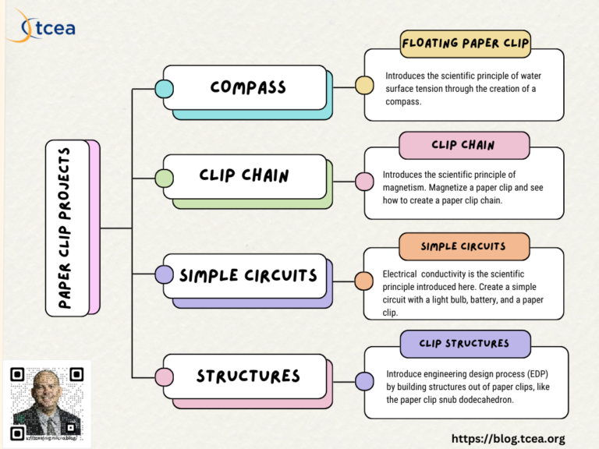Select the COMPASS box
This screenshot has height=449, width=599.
click(x=247, y=87)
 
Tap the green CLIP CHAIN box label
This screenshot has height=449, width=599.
click(x=243, y=175)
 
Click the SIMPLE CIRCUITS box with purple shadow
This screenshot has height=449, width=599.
click(x=247, y=275)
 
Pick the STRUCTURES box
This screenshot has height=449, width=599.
click(x=247, y=376)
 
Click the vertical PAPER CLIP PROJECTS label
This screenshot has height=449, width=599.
click(x=66, y=228)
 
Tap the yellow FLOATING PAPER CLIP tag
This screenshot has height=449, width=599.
click(x=465, y=44)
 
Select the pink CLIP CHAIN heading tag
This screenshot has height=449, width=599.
click(x=463, y=145)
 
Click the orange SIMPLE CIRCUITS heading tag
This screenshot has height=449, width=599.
click(x=463, y=246)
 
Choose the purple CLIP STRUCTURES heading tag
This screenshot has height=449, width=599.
click(x=464, y=343)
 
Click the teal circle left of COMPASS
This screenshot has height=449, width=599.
click(x=164, y=88)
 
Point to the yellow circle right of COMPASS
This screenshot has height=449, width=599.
click(x=363, y=85)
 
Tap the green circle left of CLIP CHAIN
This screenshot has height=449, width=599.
click(x=164, y=179)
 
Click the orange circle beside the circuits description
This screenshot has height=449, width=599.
click(x=363, y=281)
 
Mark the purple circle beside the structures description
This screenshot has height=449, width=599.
click(x=364, y=381)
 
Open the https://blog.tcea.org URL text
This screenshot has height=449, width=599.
click(x=508, y=439)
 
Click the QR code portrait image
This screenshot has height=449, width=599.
click(x=47, y=402)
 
